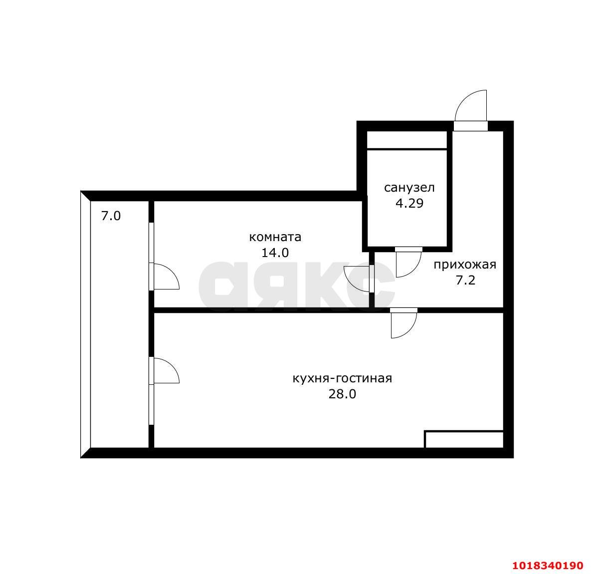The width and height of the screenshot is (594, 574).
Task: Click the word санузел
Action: tap(409, 188)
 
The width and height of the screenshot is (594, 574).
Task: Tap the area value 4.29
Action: tap(409, 204)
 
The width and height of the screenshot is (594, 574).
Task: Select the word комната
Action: tap(275, 237)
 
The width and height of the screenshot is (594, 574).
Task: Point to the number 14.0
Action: tap(275, 253)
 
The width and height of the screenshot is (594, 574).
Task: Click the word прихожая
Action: tap(465, 265)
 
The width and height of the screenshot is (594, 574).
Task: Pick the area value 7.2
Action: tap(465, 281)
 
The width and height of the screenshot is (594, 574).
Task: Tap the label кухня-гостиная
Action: tap(342, 378)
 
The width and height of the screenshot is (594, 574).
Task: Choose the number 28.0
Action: tap(342, 394)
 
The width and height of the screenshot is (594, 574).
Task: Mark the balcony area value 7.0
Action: tap(111, 216)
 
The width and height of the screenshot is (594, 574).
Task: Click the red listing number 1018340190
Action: tap(548, 566)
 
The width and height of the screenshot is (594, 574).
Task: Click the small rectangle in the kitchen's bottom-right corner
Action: tap(464, 439)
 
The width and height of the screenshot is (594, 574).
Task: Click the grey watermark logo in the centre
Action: tap(297, 286)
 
